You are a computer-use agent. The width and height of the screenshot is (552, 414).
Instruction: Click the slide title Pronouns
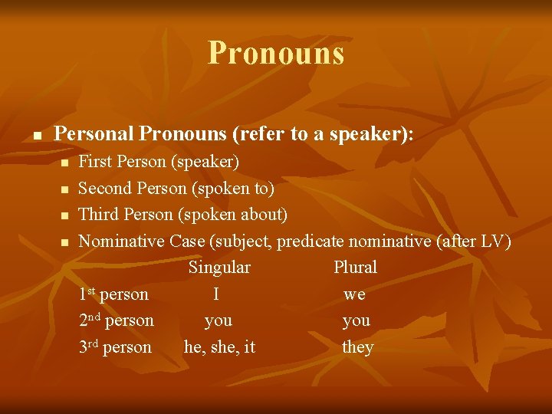[x=276, y=53]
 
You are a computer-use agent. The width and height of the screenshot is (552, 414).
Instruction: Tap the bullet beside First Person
[x=65, y=163]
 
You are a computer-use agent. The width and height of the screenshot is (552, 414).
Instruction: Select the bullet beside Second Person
[x=65, y=189]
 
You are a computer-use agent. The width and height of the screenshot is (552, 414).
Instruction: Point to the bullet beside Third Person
[x=65, y=215]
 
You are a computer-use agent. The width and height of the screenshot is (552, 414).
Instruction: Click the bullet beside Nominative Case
[x=65, y=242]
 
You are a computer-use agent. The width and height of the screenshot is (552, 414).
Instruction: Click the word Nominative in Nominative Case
[x=122, y=241]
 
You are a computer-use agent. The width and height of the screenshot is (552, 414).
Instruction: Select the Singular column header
[x=219, y=268]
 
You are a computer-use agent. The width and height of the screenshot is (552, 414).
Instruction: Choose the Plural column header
[x=355, y=268]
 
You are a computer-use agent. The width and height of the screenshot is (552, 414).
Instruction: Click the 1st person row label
[x=113, y=294]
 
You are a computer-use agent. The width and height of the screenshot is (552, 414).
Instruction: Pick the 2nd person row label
[x=116, y=320]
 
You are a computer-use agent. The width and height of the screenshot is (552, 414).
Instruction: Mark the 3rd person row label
[x=115, y=347]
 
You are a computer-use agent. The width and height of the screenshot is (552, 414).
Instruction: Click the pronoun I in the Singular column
[x=217, y=294]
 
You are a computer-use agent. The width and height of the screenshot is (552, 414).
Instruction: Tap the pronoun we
[x=354, y=295]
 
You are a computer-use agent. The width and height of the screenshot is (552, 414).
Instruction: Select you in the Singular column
[x=219, y=321]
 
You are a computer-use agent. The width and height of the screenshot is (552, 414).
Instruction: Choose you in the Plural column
[x=356, y=321]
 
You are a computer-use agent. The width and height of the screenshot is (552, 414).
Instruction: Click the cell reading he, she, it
[x=219, y=347]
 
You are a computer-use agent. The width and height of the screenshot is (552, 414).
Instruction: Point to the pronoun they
[x=357, y=347]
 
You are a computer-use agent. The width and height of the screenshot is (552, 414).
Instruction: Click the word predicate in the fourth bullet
[x=310, y=241]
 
